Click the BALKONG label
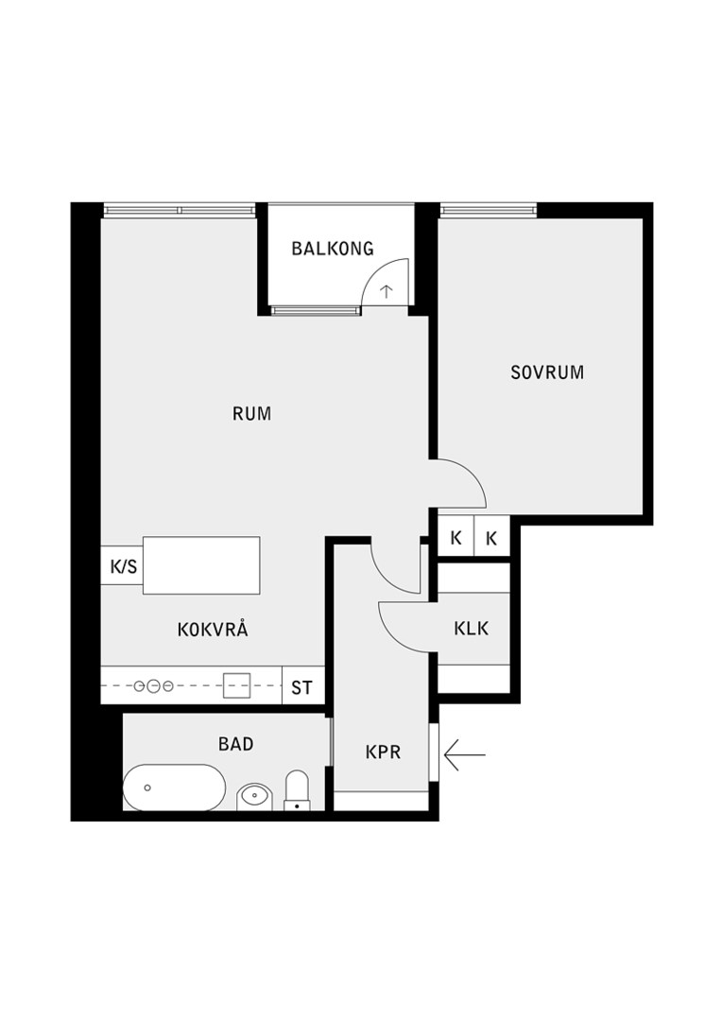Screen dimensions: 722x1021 point(333,248)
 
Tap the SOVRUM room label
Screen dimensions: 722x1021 point(547,372)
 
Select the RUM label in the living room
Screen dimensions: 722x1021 point(252,413)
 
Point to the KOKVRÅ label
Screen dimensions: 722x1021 point(213,629)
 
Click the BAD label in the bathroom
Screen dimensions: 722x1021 point(235,744)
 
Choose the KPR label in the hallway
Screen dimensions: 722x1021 point(383,753)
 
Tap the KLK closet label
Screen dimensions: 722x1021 point(472,629)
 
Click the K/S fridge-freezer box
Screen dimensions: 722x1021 point(122,566)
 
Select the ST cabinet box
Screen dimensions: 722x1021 point(302,686)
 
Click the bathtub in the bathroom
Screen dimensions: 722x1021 point(175,787)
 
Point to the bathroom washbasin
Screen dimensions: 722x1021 point(254,796)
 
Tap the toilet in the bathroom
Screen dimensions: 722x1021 point(297,790)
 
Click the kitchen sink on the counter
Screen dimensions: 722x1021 point(237,685)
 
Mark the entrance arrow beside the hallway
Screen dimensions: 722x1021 point(465,754)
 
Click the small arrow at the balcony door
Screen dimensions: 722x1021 point(387,291)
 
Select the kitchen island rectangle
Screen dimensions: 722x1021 point(201,565)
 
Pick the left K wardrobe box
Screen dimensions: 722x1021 point(456,537)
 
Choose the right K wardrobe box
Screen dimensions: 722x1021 point(491,537)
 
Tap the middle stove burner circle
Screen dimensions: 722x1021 point(154,685)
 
